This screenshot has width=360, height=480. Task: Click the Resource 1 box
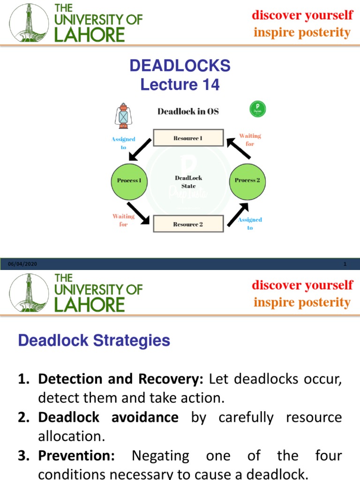click(187, 138)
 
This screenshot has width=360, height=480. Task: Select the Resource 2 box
click(187, 224)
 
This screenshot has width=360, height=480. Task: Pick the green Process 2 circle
click(247, 180)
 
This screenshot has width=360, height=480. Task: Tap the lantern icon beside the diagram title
click(122, 116)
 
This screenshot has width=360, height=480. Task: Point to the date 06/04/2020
click(22, 264)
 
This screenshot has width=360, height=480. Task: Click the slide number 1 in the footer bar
click(345, 264)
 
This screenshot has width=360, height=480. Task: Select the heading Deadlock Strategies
click(94, 340)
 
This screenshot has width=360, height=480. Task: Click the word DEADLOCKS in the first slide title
click(180, 66)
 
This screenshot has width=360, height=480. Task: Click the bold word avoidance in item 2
click(145, 417)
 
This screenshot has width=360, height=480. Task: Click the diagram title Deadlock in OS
click(188, 112)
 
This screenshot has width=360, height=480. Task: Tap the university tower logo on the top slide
click(29, 22)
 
